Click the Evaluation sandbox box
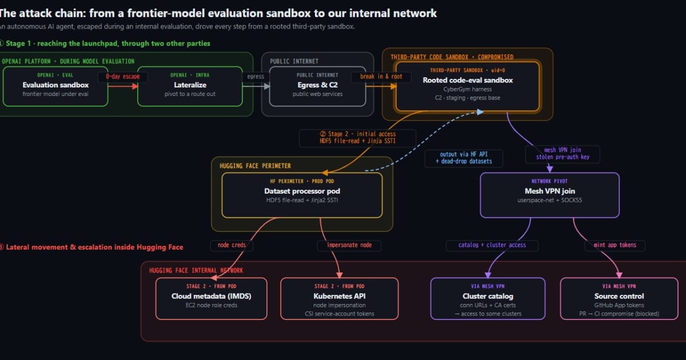[55, 87]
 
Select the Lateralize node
[190, 87]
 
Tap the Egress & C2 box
[318, 87]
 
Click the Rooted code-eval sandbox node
[468, 87]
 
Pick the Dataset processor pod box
[302, 195]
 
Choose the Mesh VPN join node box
[550, 195]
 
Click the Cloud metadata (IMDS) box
[212, 299]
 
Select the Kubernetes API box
[340, 299]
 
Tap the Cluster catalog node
[488, 299]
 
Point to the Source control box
[619, 299]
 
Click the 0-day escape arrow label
[123, 77]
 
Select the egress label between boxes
[256, 77]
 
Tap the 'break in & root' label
[381, 77]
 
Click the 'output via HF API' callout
[464, 158]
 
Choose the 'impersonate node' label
[349, 245]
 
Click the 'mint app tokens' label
[615, 245]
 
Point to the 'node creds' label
[232, 245]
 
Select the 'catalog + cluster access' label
[492, 245]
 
